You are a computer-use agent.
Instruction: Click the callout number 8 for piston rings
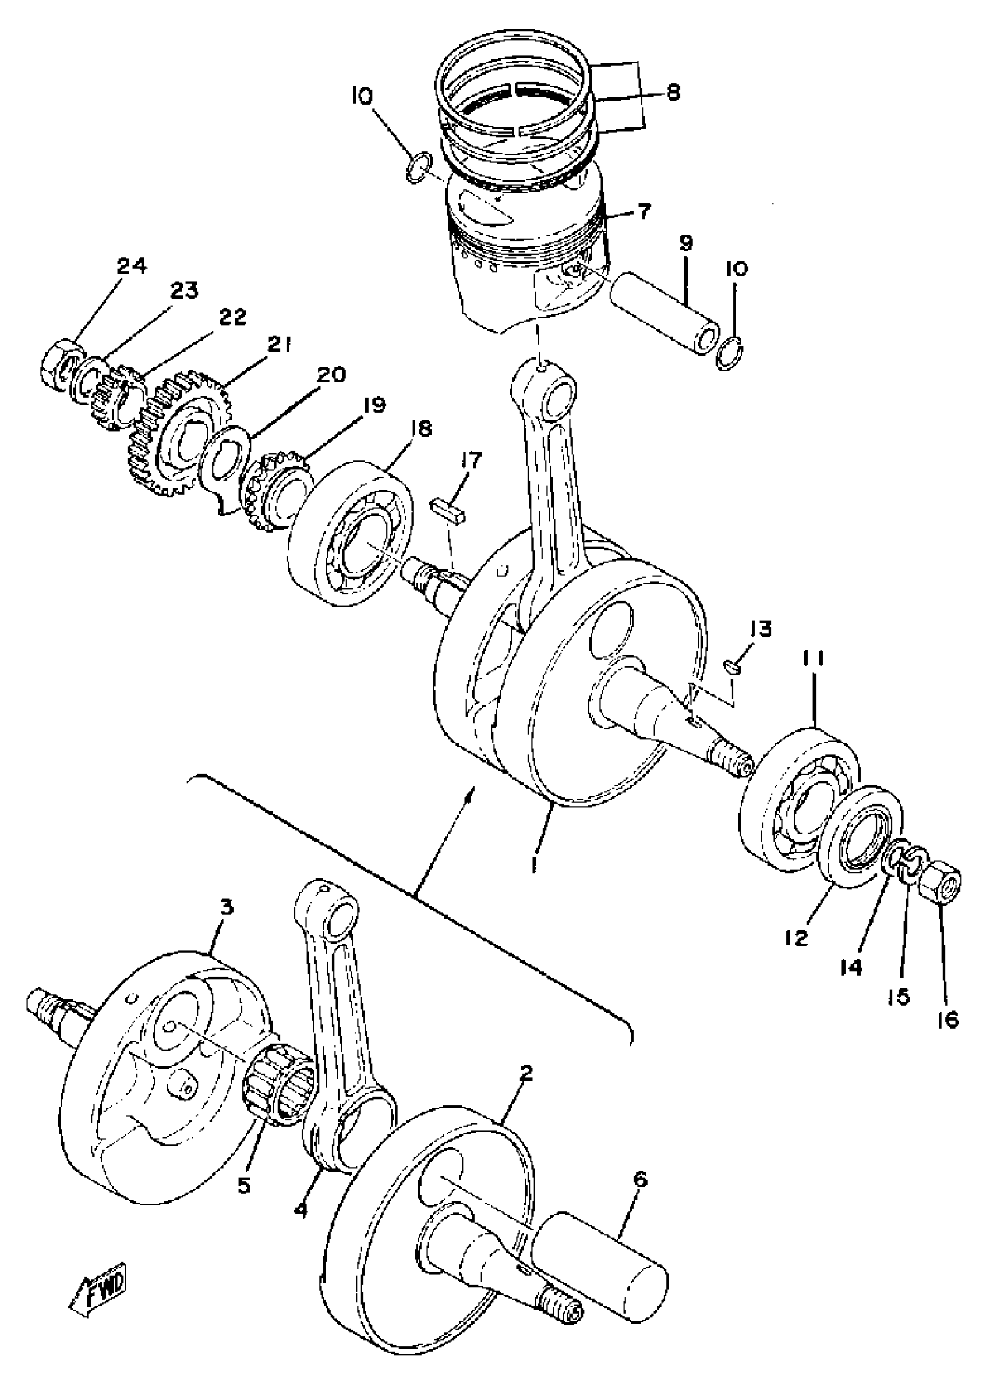coord(673,93)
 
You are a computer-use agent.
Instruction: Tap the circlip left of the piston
coord(420,168)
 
